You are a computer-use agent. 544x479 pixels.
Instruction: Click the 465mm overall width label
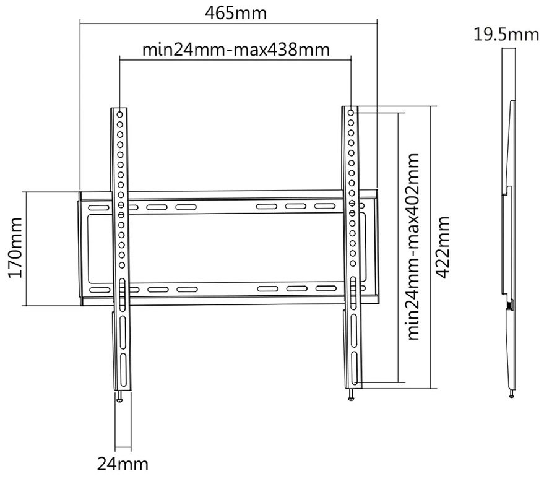pos(228,12)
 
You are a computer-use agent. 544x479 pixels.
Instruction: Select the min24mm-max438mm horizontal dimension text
pos(235,49)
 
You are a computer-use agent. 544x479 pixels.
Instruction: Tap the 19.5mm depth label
pos(506,34)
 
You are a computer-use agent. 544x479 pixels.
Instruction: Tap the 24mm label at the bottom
pos(123,463)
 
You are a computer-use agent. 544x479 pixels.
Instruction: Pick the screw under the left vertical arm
pos(120,397)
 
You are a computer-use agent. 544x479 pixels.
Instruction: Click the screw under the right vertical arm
pos(352,395)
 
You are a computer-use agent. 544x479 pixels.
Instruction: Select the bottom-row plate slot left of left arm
pos(98,289)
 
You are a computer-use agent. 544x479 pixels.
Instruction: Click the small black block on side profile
pos(509,304)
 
